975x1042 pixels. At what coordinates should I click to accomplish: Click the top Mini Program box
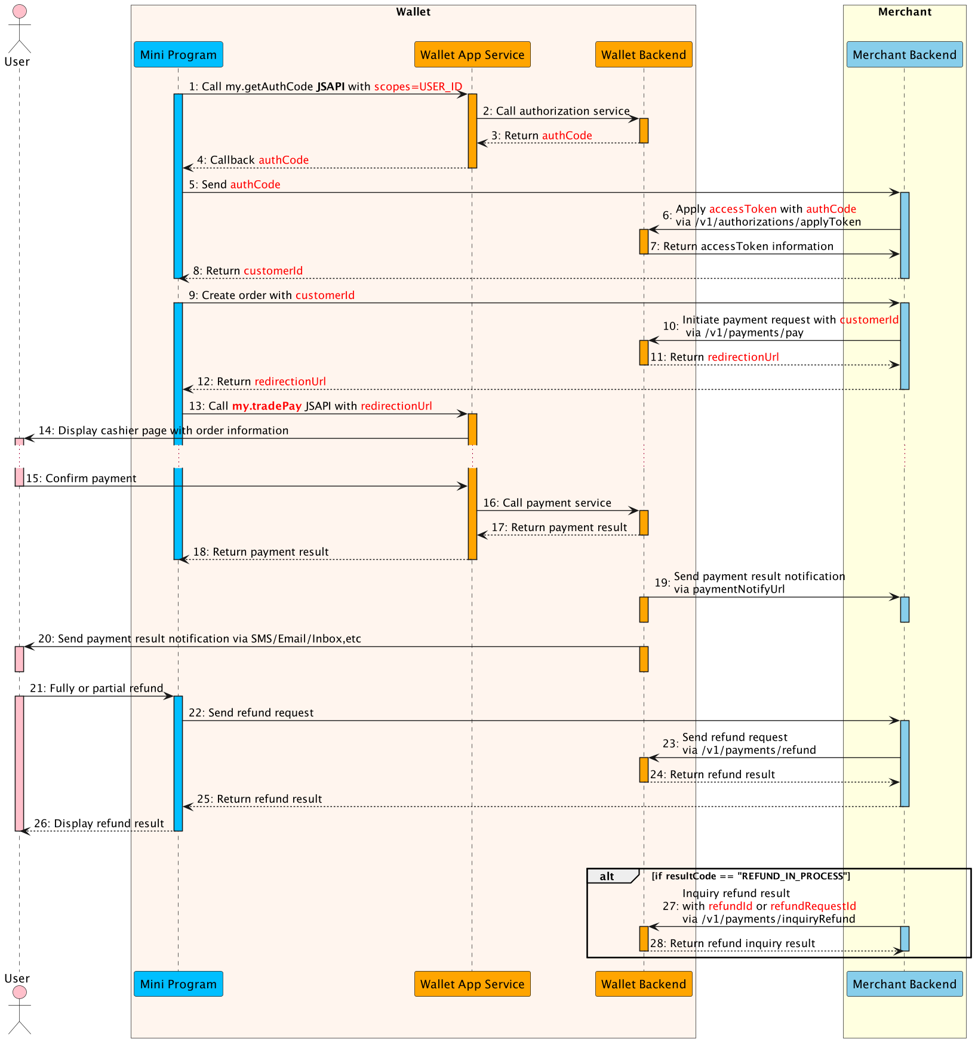178,55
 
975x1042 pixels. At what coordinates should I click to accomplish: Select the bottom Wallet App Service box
472,984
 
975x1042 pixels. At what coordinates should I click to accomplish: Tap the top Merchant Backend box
904,55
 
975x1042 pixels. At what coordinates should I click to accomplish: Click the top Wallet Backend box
643,55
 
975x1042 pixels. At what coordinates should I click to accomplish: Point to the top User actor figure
19,30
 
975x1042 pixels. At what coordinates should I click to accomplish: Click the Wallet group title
413,12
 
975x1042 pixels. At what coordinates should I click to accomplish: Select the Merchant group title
904,12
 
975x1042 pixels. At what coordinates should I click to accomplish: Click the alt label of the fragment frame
607,877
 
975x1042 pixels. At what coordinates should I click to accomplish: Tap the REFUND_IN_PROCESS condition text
751,876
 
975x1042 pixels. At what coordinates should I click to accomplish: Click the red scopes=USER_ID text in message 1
418,87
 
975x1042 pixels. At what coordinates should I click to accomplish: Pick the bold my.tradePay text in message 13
266,406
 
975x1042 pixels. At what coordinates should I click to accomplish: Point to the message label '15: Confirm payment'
81,479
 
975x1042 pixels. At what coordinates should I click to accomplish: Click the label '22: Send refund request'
251,713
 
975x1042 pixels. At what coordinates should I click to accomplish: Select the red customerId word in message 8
273,271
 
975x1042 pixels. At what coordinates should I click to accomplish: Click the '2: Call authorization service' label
556,111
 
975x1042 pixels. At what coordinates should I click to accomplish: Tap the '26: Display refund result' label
99,824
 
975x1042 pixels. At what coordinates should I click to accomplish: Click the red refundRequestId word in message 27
813,906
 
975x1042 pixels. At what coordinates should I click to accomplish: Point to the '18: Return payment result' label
260,552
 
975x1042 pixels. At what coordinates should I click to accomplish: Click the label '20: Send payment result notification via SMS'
199,639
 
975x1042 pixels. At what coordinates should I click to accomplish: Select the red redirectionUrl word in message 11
743,357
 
